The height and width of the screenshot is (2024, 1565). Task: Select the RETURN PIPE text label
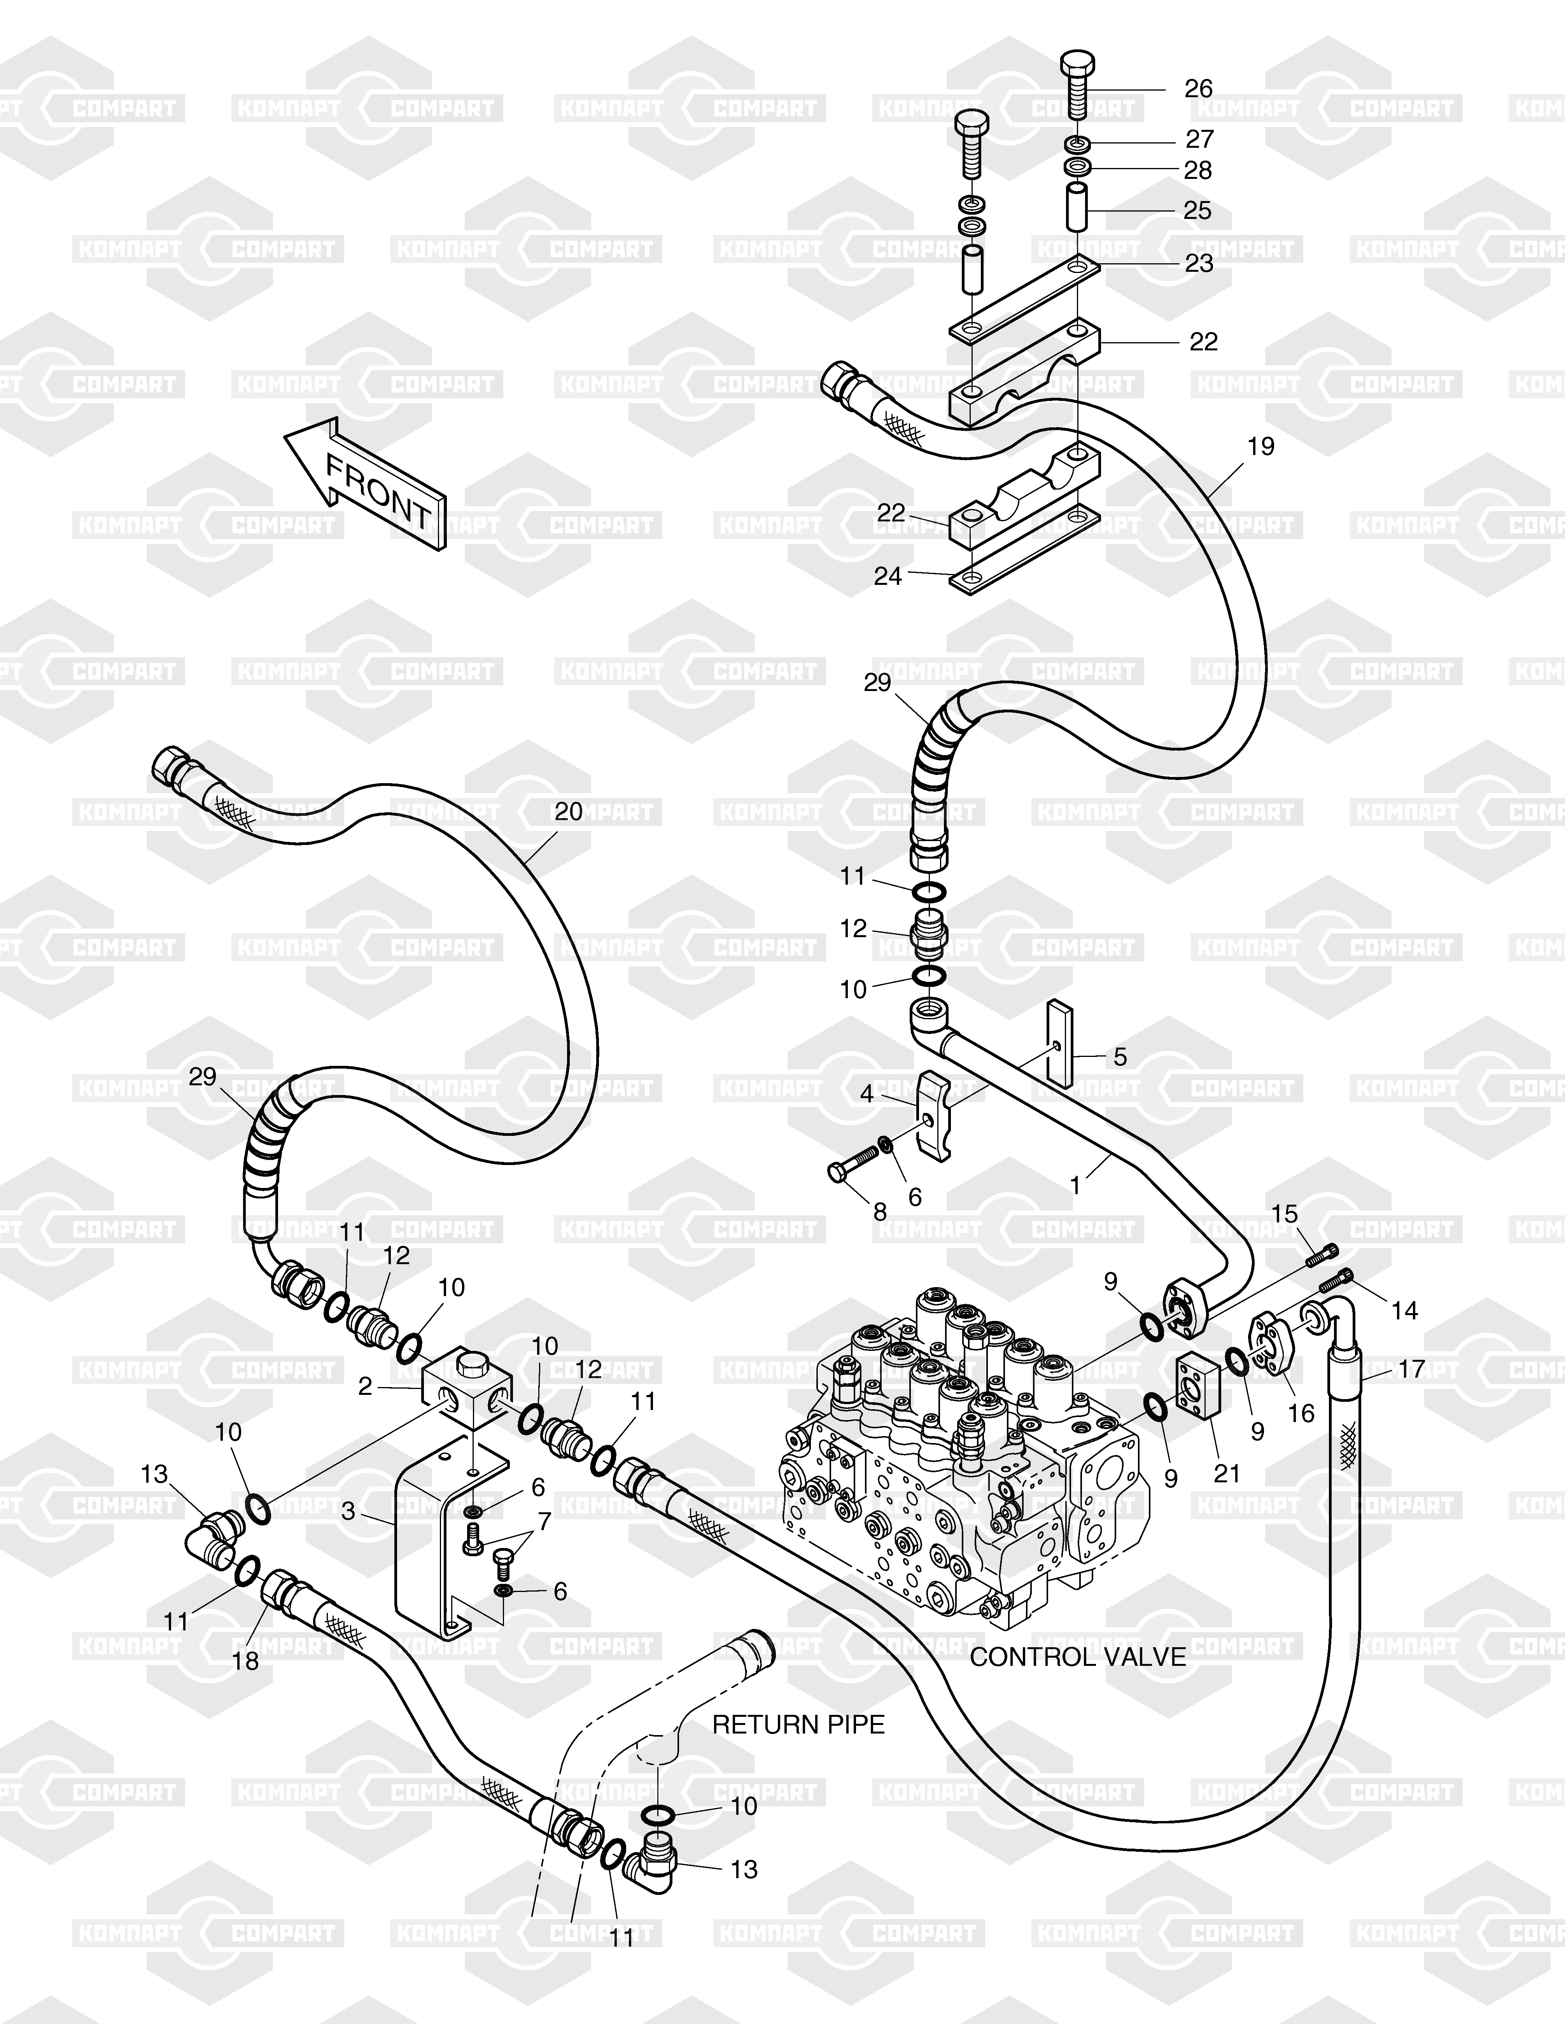(798, 1725)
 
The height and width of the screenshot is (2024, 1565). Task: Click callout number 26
(1199, 89)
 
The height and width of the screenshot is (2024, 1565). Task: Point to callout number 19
(1261, 447)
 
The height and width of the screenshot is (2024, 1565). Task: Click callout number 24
(888, 576)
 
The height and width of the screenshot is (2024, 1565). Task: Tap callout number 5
(1120, 1057)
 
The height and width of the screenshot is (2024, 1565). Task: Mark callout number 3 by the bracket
(348, 1511)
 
